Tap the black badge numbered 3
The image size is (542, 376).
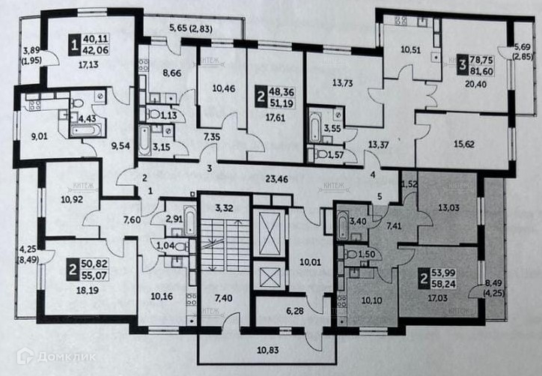click(x=464, y=60)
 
